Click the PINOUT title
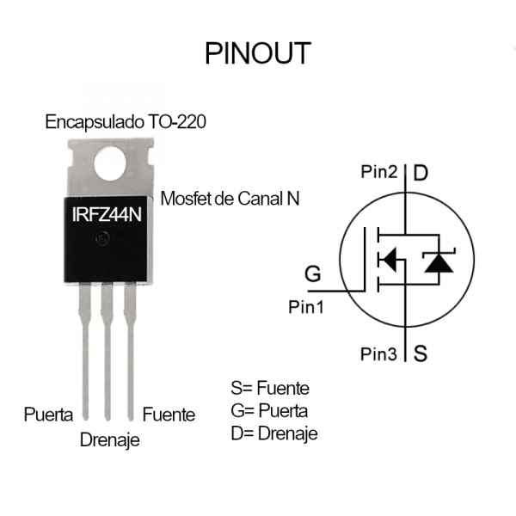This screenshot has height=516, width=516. tap(258, 53)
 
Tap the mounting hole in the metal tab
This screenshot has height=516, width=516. tap(110, 163)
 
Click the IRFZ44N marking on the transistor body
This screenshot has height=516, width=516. tap(107, 214)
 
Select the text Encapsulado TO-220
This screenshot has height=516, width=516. tap(126, 122)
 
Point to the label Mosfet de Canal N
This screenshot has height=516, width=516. tap(230, 199)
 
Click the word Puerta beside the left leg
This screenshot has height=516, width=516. tap(48, 414)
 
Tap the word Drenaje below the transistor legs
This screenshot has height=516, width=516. tap(110, 440)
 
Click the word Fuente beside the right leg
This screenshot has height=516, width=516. tap(169, 415)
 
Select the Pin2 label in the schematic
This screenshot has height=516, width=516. tap(379, 172)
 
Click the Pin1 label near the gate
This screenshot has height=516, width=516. tap(306, 307)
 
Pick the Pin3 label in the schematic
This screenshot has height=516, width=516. tap(378, 354)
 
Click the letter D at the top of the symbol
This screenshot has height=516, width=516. tap(421, 173)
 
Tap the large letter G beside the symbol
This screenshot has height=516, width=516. tap(313, 273)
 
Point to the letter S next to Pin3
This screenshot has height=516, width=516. tap(421, 353)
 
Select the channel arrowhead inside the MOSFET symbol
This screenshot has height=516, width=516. tap(390, 260)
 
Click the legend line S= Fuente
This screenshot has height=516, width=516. tap(270, 388)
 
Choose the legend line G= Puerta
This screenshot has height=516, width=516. tap(269, 411)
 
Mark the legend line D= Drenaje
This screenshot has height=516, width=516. tap(274, 433)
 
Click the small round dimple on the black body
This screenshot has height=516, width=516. tap(102, 238)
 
